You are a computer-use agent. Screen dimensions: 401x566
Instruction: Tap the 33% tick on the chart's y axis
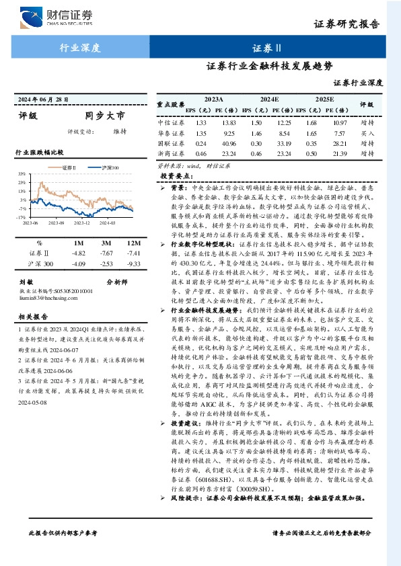[22, 173]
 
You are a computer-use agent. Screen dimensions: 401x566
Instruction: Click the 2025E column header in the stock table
[325, 99]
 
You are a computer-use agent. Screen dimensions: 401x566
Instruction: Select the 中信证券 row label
[170, 123]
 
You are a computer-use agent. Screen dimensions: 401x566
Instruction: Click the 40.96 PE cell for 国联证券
[228, 143]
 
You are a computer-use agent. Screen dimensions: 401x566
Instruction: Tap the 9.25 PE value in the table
[228, 133]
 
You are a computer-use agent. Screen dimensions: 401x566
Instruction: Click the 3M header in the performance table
[106, 243]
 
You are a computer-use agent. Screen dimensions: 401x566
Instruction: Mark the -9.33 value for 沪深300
[134, 264]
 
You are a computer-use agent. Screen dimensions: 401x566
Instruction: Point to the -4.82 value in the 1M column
[79, 253]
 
